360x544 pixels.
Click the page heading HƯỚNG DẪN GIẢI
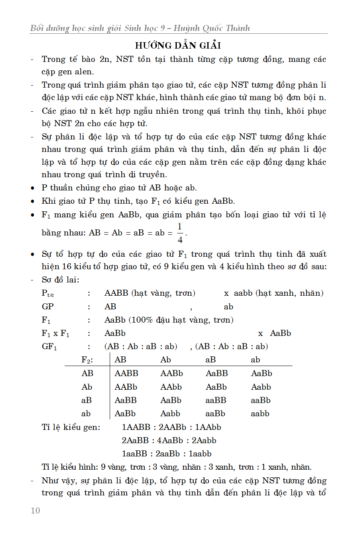178,45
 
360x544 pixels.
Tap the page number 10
35,511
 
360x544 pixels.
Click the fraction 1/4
180,233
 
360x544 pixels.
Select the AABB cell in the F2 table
126,373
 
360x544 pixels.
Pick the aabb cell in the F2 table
260,413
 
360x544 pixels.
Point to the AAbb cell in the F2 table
171,387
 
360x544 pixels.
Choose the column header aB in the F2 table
211,360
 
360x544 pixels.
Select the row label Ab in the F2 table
87,387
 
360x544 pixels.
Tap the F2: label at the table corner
87,360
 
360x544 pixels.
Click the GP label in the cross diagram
48,307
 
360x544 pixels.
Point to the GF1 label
49,346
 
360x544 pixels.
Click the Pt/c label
48,293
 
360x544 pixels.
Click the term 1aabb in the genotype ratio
200,454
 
